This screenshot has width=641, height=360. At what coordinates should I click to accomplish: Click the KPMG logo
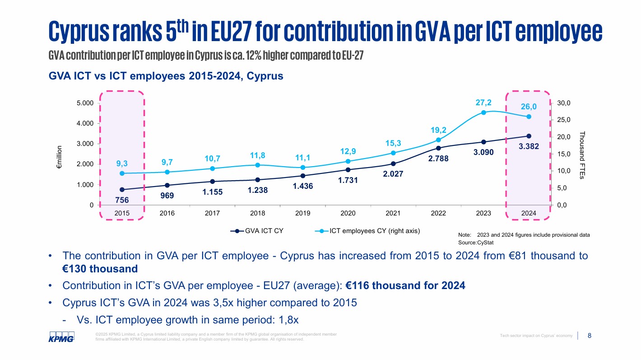pyautogui.click(x=61, y=337)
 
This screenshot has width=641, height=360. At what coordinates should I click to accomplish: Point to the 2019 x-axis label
pyautogui.click(x=302, y=213)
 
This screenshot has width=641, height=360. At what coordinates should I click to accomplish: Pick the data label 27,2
pyautogui.click(x=483, y=103)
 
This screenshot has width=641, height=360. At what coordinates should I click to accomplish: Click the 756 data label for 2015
pyautogui.click(x=122, y=200)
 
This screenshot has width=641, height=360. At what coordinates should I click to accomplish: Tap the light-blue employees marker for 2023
pyautogui.click(x=483, y=112)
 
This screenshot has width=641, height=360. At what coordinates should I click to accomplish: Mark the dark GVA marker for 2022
pyautogui.click(x=438, y=148)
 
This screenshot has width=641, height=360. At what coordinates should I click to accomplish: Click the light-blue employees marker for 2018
pyautogui.click(x=257, y=165)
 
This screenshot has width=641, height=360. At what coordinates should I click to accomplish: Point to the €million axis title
pyautogui.click(x=59, y=157)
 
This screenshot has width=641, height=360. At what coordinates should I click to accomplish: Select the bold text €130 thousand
pyautogui.click(x=100, y=269)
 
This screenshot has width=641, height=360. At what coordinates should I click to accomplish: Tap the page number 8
pyautogui.click(x=589, y=336)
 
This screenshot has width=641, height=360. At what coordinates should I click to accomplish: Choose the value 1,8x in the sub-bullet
pyautogui.click(x=287, y=320)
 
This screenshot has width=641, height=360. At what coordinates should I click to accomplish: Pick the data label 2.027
pyautogui.click(x=393, y=173)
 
